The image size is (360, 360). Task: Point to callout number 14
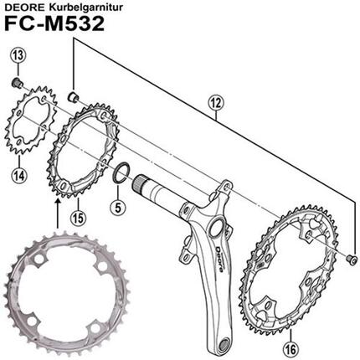[17, 173]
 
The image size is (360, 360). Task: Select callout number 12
[218, 103]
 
